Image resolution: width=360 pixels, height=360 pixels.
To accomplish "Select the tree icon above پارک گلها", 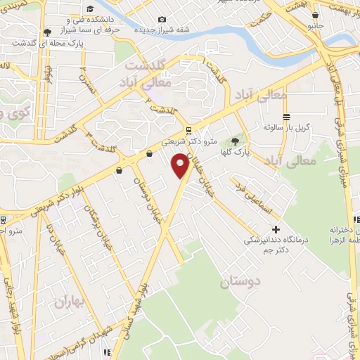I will [x=235, y=141].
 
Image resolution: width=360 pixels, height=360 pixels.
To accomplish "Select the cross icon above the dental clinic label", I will [x=276, y=229].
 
